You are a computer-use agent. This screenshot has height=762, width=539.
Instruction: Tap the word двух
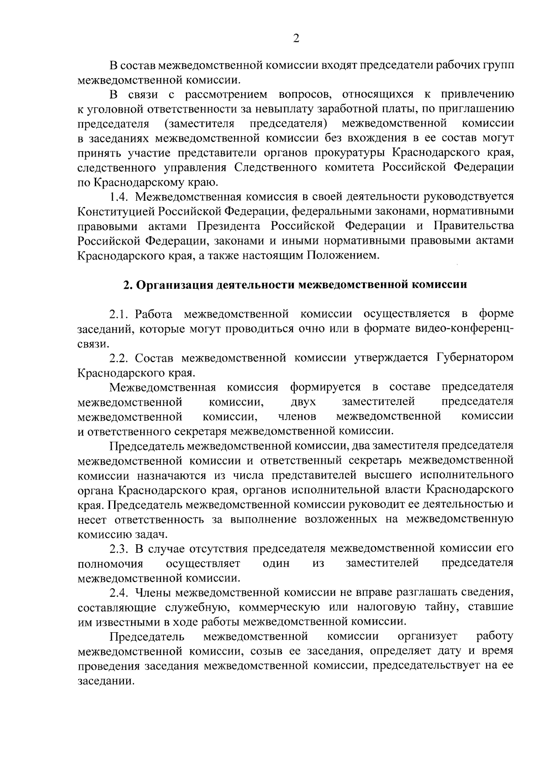coord(303,401)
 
